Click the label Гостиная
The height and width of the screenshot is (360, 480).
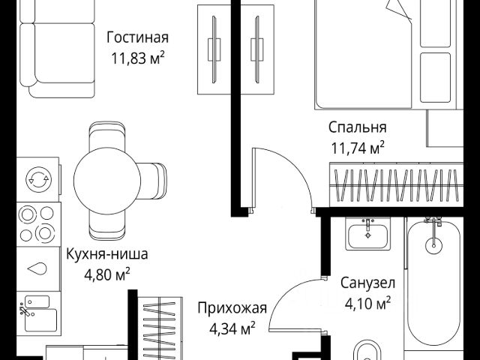tap(137, 37)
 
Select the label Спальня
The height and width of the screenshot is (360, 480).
tap(358, 127)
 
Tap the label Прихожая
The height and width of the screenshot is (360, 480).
tap(232, 307)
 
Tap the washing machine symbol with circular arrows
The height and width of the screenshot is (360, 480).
tap(36, 178)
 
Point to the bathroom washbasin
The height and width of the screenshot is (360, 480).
tap(367, 234)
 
